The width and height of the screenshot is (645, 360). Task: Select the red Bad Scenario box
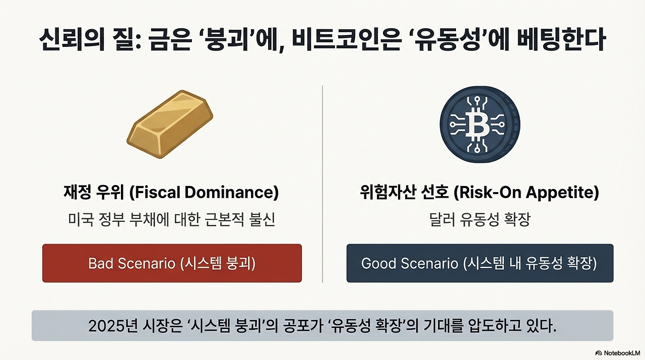(172, 263)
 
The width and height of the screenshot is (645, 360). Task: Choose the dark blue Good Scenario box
(480, 263)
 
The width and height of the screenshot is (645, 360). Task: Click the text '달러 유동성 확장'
(480, 220)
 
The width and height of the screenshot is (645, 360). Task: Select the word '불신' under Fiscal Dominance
(263, 220)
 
